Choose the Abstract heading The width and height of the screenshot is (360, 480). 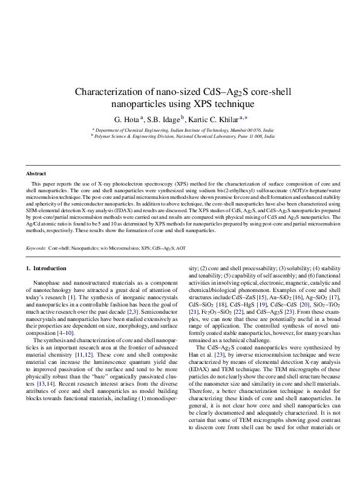(x=36, y=173)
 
